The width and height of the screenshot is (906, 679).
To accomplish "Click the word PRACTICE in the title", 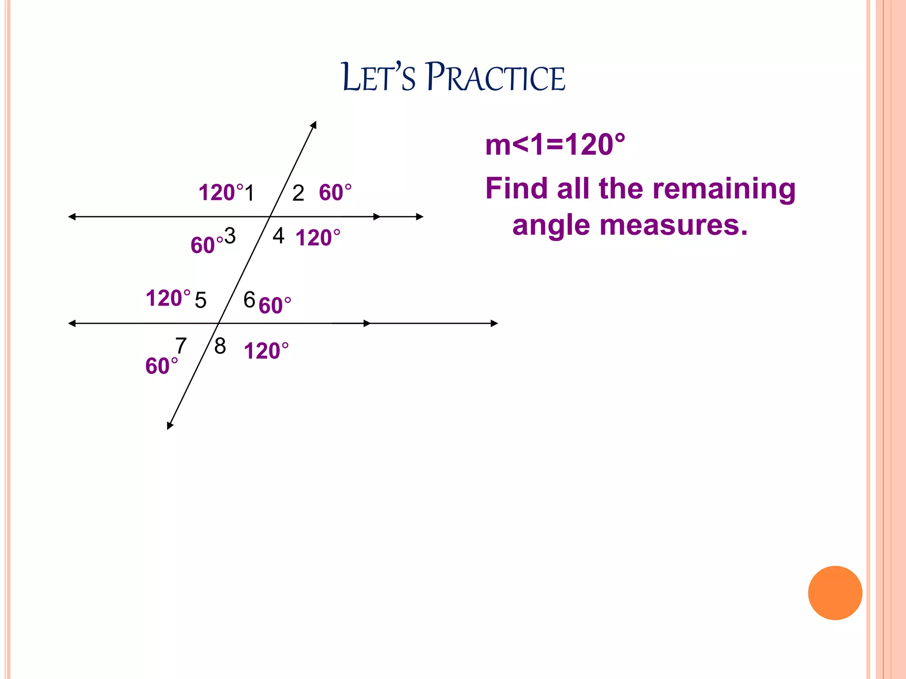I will pos(495,77).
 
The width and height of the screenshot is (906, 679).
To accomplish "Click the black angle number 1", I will pos(250,193).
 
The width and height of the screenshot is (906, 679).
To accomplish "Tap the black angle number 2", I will pos(298,193).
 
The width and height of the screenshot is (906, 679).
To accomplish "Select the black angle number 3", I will pos(230,236).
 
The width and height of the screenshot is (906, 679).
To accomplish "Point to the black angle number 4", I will pos(278,236).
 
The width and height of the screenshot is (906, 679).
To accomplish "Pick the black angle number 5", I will pos(200,300).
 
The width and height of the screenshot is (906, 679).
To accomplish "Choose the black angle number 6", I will pos(250,300).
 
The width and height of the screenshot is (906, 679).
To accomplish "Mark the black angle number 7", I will pos(181,345).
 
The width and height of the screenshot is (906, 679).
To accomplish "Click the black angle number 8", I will pos(220,346).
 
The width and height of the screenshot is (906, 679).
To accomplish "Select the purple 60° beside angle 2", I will pos(335,193).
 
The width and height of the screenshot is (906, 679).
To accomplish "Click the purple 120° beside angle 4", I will pos(318,238).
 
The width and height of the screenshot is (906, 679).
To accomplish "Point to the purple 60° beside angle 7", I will pos(161,366).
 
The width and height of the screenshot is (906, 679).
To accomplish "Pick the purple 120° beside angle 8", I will pos(266,351).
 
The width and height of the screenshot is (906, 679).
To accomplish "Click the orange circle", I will pos(835,593).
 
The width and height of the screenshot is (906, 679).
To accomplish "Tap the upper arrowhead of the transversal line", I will pos(314,125).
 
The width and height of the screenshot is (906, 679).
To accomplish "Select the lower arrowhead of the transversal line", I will pos(169,426).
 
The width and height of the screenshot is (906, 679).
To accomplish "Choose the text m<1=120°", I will pos(555,145).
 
